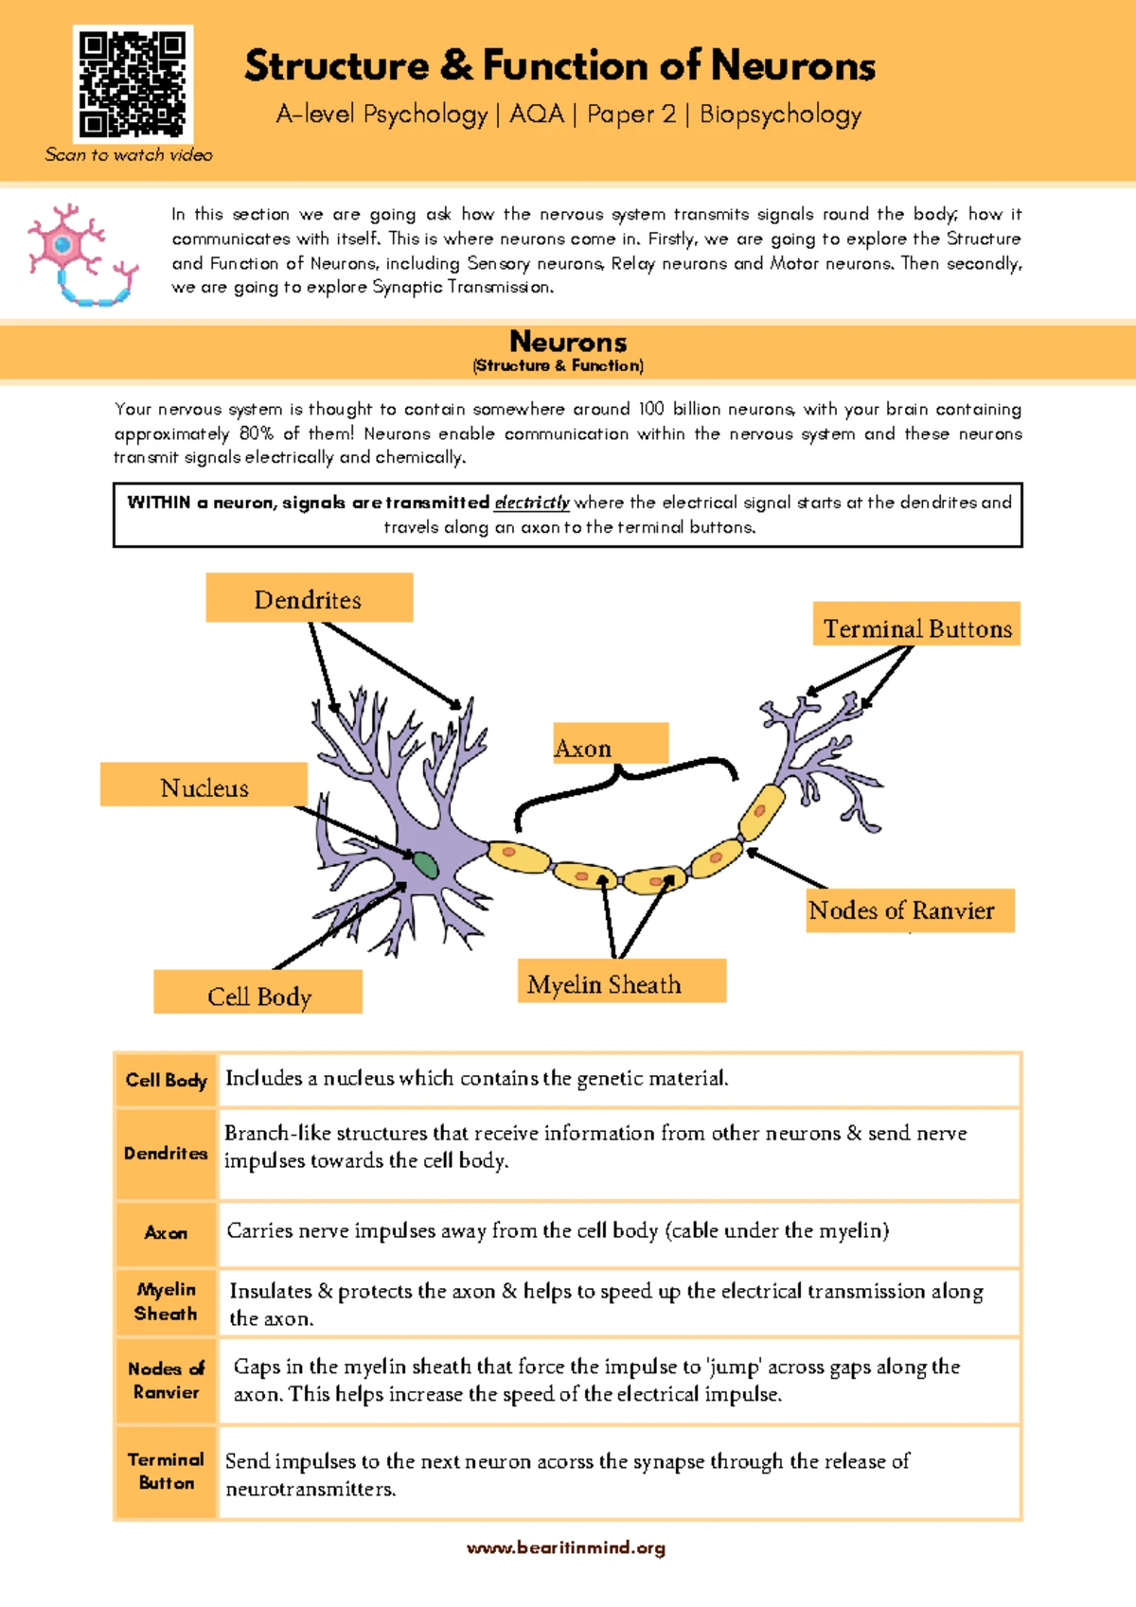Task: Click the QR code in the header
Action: [133, 84]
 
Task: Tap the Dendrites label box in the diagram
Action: [309, 598]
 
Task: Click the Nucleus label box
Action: [204, 786]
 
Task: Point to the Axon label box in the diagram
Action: [611, 745]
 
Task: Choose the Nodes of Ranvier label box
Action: [910, 910]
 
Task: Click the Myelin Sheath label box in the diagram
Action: [621, 981]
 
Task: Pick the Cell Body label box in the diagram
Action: [257, 993]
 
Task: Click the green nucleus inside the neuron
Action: [424, 865]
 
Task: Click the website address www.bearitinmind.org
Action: [566, 1548]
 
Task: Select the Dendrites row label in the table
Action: [166, 1154]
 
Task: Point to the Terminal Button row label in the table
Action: [166, 1472]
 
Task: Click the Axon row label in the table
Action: [166, 1233]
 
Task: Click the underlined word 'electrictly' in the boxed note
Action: [532, 503]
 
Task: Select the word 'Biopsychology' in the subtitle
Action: [780, 115]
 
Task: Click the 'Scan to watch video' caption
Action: [129, 155]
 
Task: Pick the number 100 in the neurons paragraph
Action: [650, 409]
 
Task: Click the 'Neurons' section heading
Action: [568, 342]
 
